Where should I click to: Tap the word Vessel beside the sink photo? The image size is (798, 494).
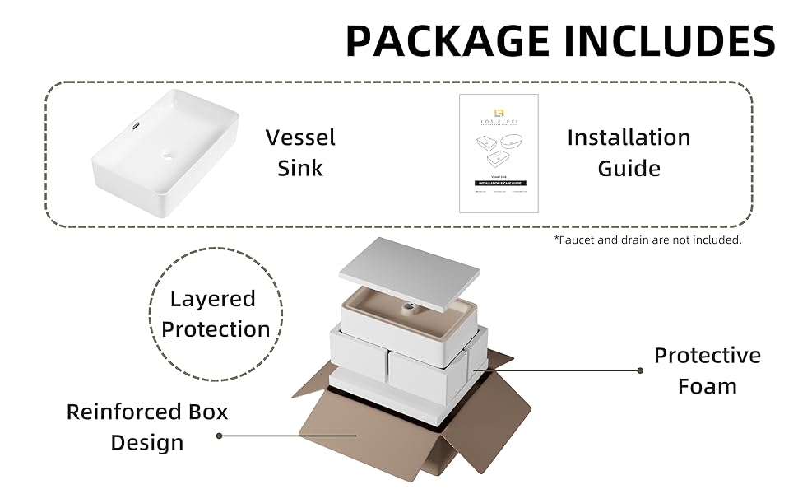click(x=300, y=137)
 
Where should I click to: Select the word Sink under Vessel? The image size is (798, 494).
click(x=300, y=168)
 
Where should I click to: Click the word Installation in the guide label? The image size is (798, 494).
click(x=629, y=137)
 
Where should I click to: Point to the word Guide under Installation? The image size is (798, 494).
click(x=629, y=168)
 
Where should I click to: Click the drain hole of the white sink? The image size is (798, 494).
click(x=169, y=156)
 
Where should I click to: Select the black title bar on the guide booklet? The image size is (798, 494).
click(x=499, y=182)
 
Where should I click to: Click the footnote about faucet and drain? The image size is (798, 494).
click(x=647, y=240)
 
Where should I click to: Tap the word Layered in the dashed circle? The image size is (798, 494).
click(x=213, y=299)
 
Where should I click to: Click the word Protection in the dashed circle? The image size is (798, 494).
click(x=216, y=329)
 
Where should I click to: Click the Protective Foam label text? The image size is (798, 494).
click(x=707, y=370)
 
